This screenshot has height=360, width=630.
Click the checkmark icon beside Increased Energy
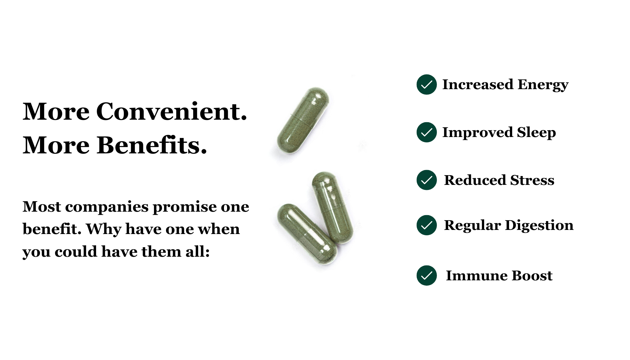(427, 84)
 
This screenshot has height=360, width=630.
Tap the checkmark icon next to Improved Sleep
(427, 132)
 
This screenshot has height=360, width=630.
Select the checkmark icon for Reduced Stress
(427, 180)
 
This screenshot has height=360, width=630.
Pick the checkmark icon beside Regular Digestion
(427, 225)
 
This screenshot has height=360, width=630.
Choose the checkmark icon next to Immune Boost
(427, 276)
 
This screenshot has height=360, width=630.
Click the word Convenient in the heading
(172, 111)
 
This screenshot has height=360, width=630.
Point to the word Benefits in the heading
(152, 145)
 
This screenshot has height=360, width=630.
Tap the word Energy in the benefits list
(543, 85)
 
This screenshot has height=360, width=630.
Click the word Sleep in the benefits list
(536, 133)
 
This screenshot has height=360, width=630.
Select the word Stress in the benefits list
(532, 180)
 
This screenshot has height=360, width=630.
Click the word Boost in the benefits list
(532, 276)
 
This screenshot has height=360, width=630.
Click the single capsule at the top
(303, 121)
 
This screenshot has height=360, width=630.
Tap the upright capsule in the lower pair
(333, 208)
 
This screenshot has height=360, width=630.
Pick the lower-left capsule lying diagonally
(307, 233)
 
